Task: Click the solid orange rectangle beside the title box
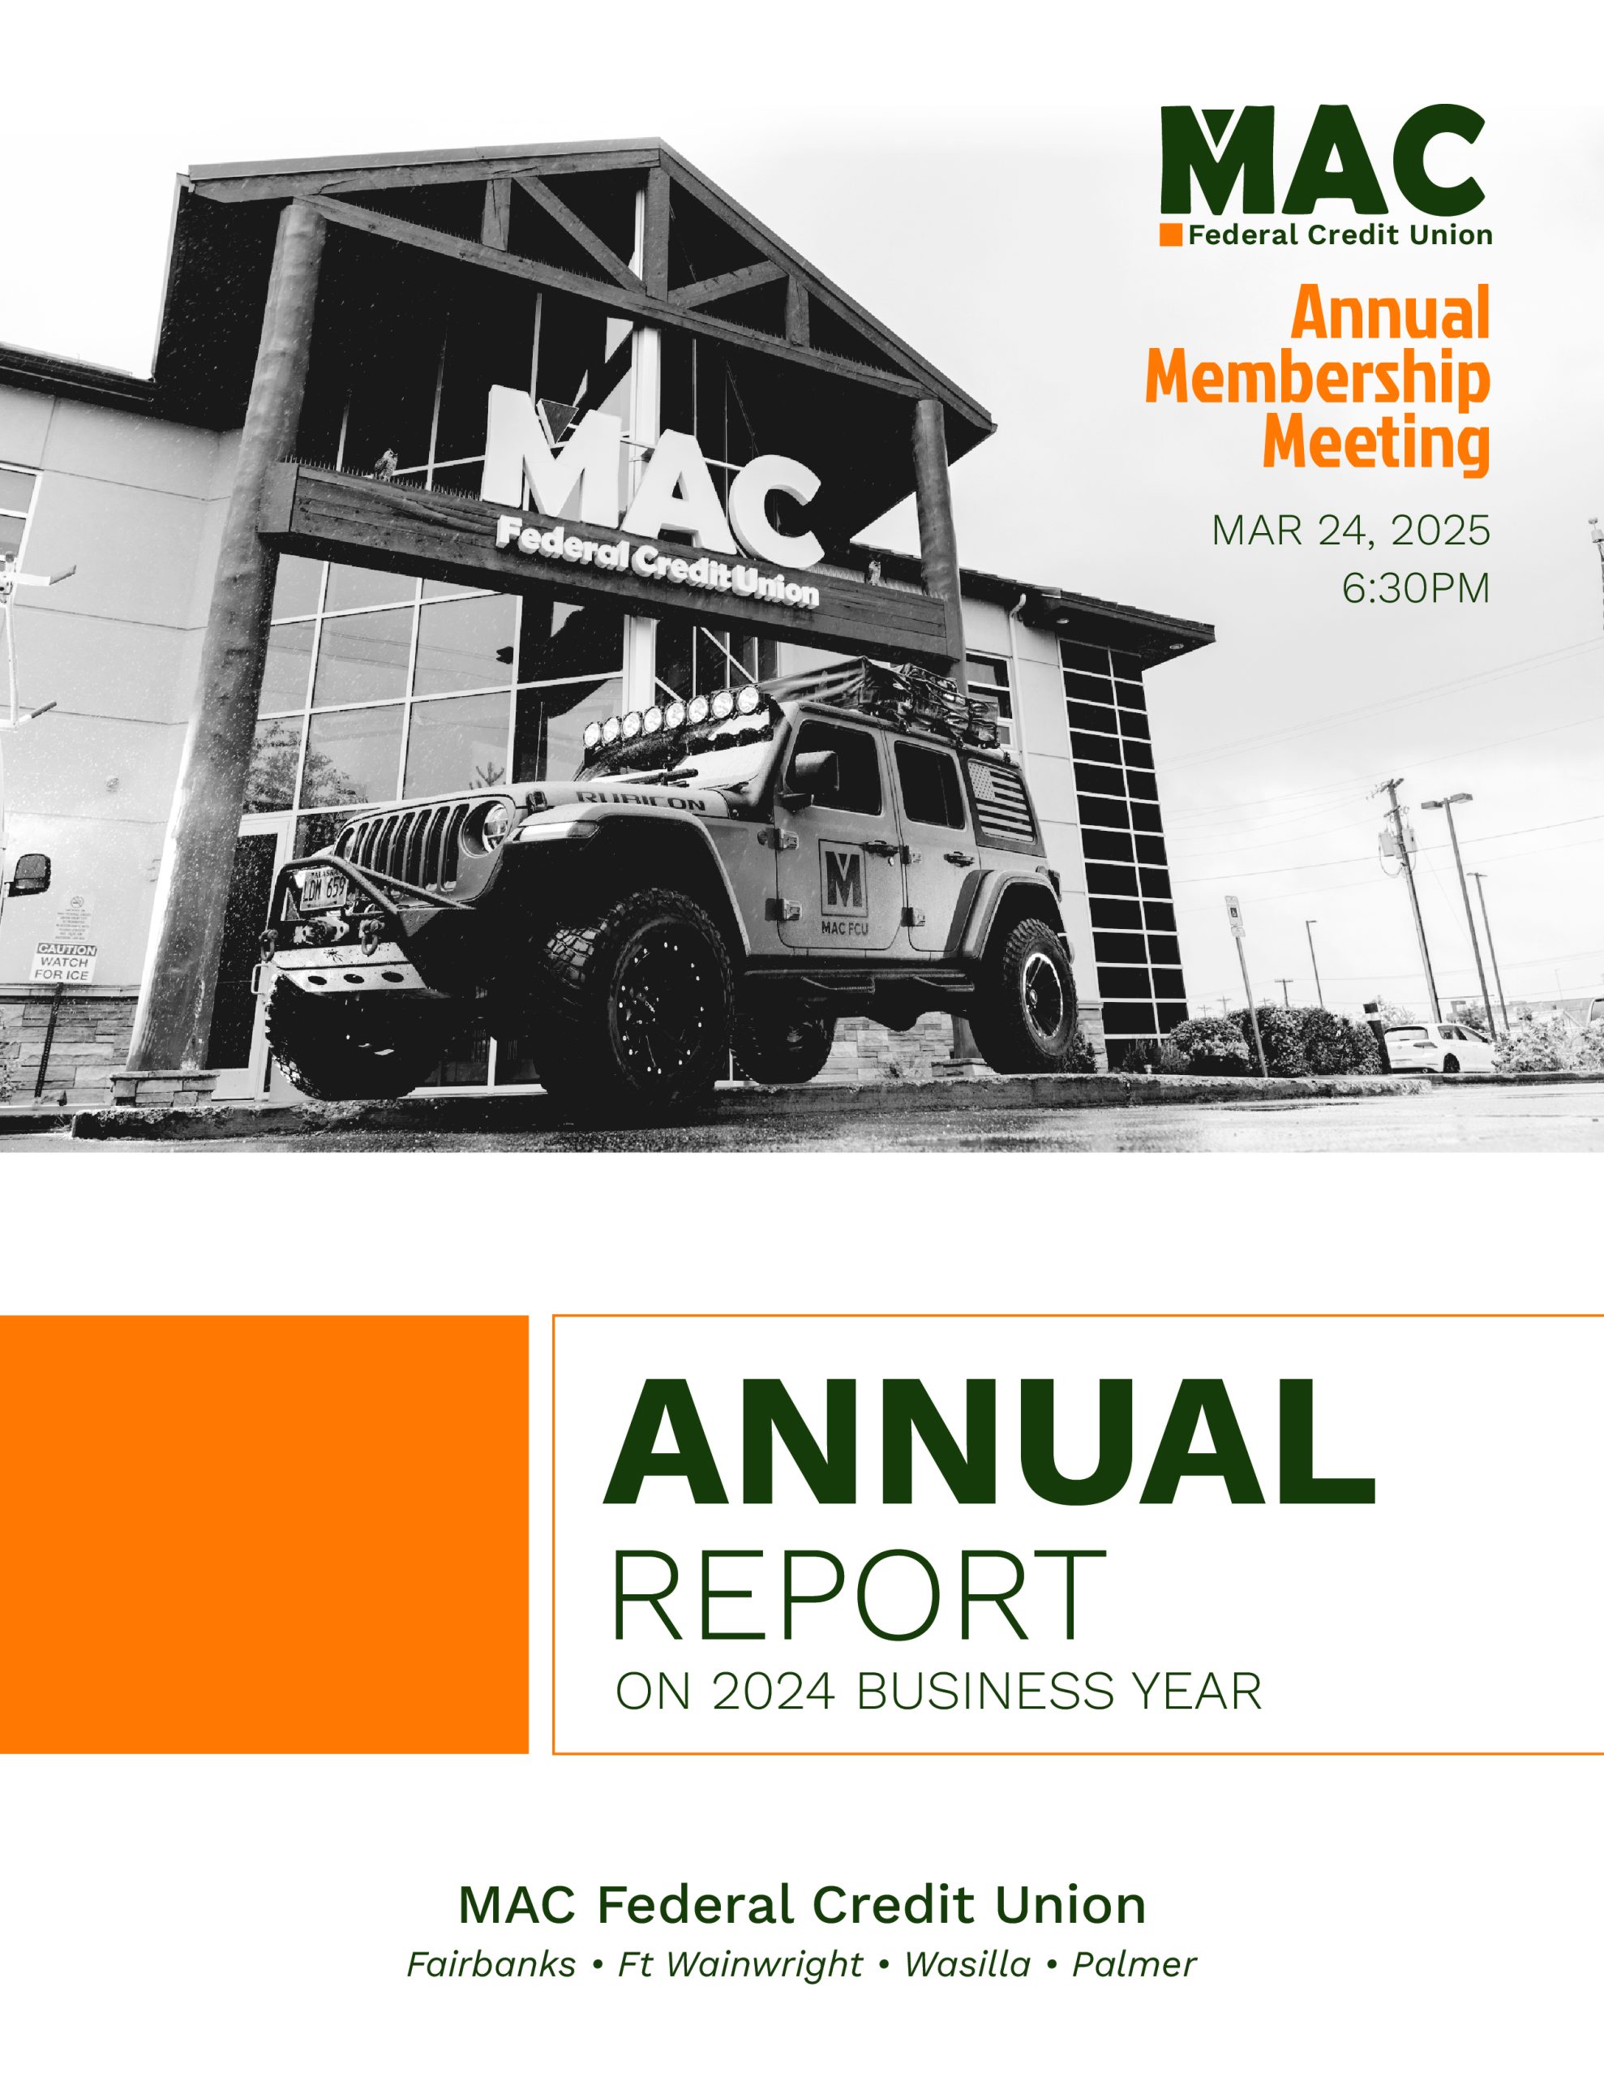264,1534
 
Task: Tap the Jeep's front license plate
324,890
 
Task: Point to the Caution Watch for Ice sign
66,962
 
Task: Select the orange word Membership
1318,379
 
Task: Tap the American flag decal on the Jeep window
1004,798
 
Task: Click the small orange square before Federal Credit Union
1170,235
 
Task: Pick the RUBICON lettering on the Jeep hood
641,799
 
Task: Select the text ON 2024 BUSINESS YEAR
938,1692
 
